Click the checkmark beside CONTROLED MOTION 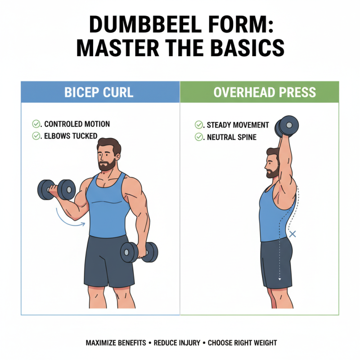click(36, 124)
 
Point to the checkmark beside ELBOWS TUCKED click(36, 135)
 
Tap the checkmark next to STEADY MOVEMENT click(198, 125)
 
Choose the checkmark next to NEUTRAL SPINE click(198, 137)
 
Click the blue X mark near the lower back click(292, 234)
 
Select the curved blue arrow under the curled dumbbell click(70, 218)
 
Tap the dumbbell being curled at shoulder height click(56, 189)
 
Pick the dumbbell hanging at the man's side click(139, 252)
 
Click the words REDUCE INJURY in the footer click(177, 343)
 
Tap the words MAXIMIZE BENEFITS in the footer click(116, 343)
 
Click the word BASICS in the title click(241, 48)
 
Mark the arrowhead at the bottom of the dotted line click(279, 279)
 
